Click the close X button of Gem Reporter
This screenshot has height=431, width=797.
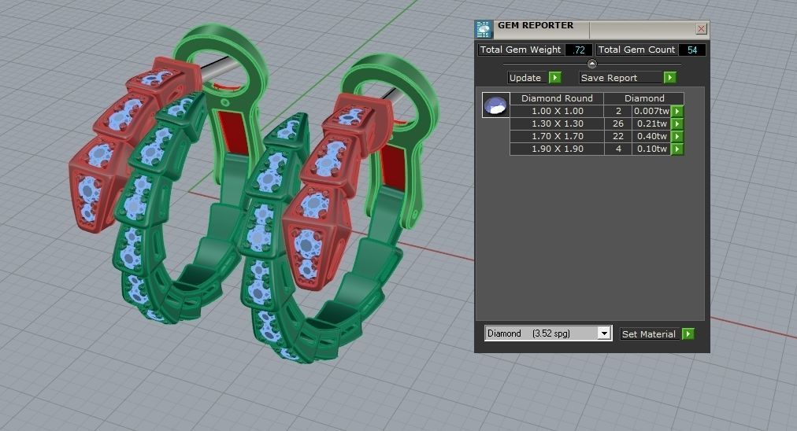(x=701, y=29)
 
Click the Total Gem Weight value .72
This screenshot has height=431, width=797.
(x=579, y=50)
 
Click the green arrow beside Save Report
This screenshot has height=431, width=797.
(x=669, y=78)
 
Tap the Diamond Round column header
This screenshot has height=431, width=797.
(x=557, y=98)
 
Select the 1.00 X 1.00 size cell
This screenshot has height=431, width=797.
(x=557, y=111)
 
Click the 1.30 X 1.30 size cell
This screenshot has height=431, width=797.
(x=557, y=123)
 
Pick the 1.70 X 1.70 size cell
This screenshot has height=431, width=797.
(x=557, y=136)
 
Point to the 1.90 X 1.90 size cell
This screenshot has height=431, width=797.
(x=557, y=149)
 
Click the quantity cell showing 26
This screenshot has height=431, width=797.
(x=617, y=123)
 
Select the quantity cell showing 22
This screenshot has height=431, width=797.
(x=617, y=136)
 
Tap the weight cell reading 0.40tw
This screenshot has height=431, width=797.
(x=651, y=136)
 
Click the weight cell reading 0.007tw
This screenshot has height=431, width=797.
(x=651, y=111)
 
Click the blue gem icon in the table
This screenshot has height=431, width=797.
(x=495, y=105)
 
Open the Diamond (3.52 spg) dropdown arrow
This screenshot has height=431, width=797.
(x=604, y=333)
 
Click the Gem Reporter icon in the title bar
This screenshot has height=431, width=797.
(x=484, y=30)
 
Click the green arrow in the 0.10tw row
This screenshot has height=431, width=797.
(x=677, y=149)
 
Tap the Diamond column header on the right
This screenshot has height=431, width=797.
(x=644, y=98)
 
